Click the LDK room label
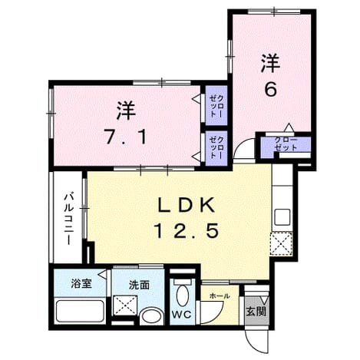(186, 205)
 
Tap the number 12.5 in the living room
(186, 230)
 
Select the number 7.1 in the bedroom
(126, 137)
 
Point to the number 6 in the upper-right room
(271, 89)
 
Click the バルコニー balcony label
(68, 220)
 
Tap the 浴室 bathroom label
(81, 284)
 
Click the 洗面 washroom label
(139, 286)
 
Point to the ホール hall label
(220, 296)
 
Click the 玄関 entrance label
(256, 312)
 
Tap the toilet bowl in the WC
(183, 295)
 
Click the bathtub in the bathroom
(80, 311)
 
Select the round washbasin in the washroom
(152, 316)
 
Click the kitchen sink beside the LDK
(282, 216)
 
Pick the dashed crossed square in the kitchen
(282, 244)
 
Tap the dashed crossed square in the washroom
(125, 306)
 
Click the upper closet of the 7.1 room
(216, 106)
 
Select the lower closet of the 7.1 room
(216, 147)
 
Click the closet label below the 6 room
(286, 144)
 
